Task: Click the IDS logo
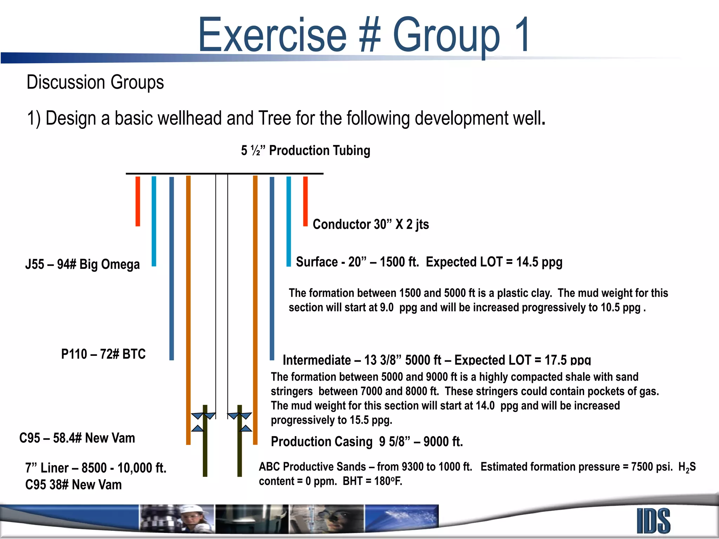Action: point(653,521)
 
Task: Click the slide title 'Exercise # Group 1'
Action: point(364,35)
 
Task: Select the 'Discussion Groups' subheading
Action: point(95,82)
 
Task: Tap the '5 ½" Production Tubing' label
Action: point(305,151)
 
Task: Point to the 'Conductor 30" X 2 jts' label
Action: point(371,224)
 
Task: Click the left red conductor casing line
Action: point(138,201)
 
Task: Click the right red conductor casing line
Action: point(305,201)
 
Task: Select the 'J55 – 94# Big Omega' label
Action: point(83,264)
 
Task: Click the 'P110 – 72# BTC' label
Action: point(103,354)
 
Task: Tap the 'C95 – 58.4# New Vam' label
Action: point(77,438)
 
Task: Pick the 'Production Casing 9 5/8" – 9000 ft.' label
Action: point(367,441)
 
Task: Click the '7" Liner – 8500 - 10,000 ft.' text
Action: point(95,468)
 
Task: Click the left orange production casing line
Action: point(188,309)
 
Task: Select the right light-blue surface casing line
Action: point(289,221)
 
